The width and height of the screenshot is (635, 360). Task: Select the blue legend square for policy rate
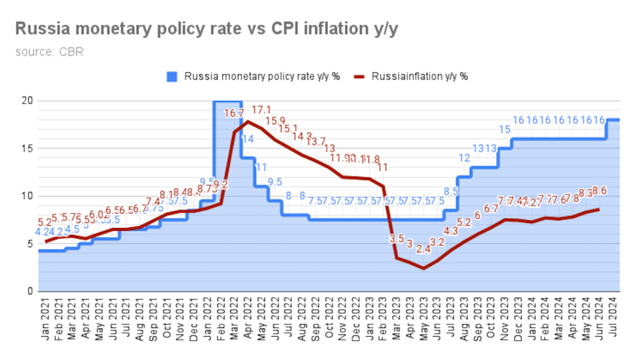pyautogui.click(x=172, y=76)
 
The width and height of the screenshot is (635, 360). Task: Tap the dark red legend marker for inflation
pyautogui.click(x=360, y=76)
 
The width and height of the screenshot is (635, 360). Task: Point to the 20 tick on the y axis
pyautogui.click(x=27, y=101)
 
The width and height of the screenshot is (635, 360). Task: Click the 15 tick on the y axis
pyautogui.click(x=27, y=148)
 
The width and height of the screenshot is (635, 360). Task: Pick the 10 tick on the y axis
pyautogui.click(x=27, y=196)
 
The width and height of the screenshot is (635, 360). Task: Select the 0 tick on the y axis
pyautogui.click(x=30, y=292)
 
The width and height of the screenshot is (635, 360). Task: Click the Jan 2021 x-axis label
pyautogui.click(x=45, y=321)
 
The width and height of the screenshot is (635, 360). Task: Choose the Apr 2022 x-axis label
pyautogui.click(x=248, y=321)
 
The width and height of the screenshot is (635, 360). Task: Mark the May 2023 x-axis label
pyautogui.click(x=423, y=321)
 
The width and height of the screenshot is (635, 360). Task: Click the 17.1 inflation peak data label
pyautogui.click(x=261, y=110)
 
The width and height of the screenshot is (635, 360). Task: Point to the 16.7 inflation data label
pyautogui.click(x=234, y=113)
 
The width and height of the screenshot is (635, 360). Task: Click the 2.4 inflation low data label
pyautogui.click(x=423, y=248)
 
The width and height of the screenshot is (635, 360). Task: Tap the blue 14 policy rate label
pyautogui.click(x=248, y=139)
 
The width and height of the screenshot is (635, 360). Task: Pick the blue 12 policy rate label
pyautogui.click(x=464, y=158)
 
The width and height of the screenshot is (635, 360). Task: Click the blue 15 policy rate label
pyautogui.click(x=504, y=129)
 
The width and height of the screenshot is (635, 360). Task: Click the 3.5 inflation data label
pyautogui.click(x=397, y=239)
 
